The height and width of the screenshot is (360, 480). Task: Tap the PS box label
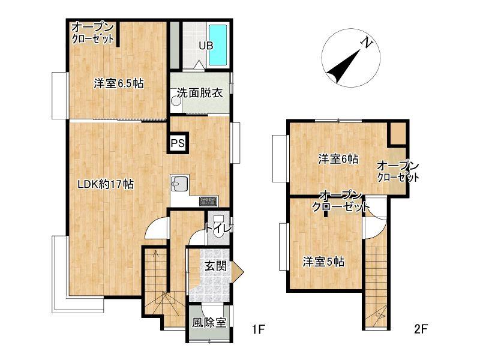pyautogui.click(x=178, y=143)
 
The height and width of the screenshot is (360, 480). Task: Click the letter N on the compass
pyautogui.click(x=367, y=43)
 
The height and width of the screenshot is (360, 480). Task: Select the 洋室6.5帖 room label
pyautogui.click(x=118, y=83)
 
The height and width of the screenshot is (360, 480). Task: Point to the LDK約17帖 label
pyautogui.click(x=106, y=184)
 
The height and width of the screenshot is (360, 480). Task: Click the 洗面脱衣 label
pyautogui.click(x=200, y=93)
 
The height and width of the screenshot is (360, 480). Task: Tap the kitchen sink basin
pyautogui.click(x=179, y=184)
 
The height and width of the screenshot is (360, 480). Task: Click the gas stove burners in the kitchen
pyautogui.click(x=209, y=201)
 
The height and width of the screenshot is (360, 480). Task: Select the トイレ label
pyautogui.click(x=218, y=229)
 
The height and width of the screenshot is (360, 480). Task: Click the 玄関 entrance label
pyautogui.click(x=215, y=266)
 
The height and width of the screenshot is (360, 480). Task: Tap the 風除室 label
pyautogui.click(x=209, y=322)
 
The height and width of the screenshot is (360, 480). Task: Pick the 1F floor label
pyautogui.click(x=258, y=329)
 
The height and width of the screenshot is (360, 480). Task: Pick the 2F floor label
pyautogui.click(x=421, y=329)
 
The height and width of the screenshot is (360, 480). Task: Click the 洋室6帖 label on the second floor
pyautogui.click(x=338, y=159)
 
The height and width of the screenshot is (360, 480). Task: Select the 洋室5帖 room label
pyautogui.click(x=323, y=262)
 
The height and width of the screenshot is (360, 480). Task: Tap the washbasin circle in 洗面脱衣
pyautogui.click(x=176, y=101)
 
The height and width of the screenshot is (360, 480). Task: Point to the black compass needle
pyautogui.click(x=343, y=67)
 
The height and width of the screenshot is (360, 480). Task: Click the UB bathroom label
pyautogui.click(x=206, y=46)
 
